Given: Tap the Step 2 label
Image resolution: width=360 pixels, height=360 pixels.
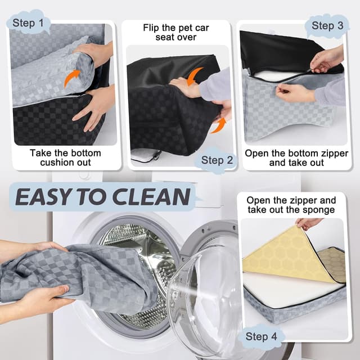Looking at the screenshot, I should pyautogui.click(x=217, y=160).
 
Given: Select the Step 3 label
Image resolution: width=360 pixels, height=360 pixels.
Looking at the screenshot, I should pyautogui.click(x=327, y=25).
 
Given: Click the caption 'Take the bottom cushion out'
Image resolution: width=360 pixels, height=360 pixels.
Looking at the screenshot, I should pyautogui.click(x=65, y=157).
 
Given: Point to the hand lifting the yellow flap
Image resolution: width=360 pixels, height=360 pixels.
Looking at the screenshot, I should pyautogui.click(x=309, y=223).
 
